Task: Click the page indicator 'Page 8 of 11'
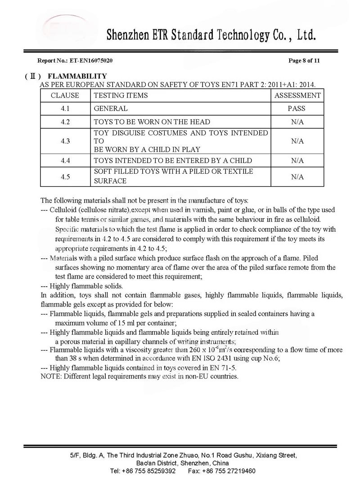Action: (x=304, y=61)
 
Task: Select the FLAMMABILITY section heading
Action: (x=77, y=76)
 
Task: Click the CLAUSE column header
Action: (x=65, y=95)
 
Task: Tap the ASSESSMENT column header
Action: (x=297, y=95)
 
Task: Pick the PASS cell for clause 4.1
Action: (x=297, y=108)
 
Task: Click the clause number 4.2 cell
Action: (x=65, y=122)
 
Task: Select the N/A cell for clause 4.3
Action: (x=297, y=141)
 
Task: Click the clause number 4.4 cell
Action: (x=65, y=161)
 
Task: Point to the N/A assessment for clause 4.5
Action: (x=297, y=177)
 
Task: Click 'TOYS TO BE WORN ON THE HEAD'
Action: (x=152, y=122)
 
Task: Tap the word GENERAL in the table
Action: (x=110, y=108)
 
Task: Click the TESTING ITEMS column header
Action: (x=121, y=95)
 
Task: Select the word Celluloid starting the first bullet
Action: (x=63, y=210)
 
